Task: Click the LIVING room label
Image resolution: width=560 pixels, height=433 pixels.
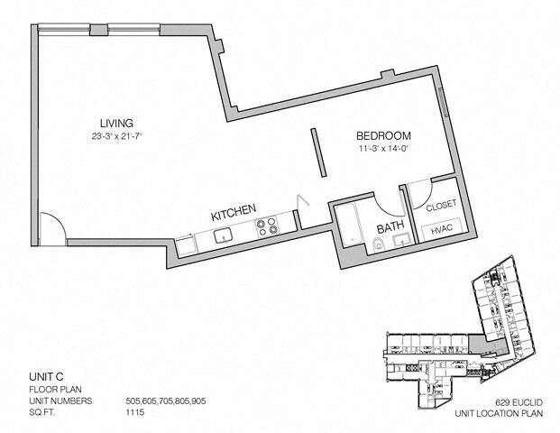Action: click(x=116, y=123)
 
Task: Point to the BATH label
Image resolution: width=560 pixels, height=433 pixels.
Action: click(x=390, y=229)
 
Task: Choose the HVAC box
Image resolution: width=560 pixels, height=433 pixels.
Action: click(x=442, y=230)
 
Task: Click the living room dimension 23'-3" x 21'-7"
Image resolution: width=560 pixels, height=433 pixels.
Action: click(x=116, y=137)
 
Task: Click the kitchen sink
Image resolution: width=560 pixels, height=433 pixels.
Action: click(x=223, y=236)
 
